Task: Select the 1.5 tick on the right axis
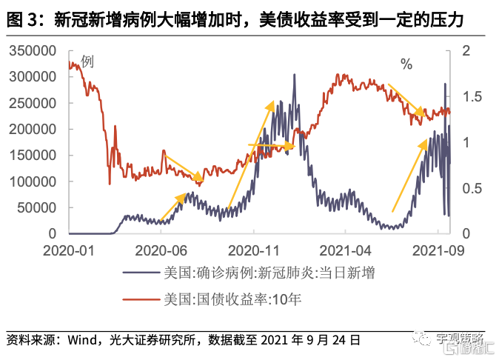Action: [471, 96]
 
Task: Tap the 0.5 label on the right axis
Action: [471, 188]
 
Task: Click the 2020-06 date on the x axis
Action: [160, 250]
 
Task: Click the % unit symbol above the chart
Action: [406, 64]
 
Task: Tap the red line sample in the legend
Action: [141, 300]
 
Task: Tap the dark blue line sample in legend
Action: [141, 273]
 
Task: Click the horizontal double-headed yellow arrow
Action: [271, 146]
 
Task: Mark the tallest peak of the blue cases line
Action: [294, 75]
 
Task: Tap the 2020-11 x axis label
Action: [250, 250]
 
